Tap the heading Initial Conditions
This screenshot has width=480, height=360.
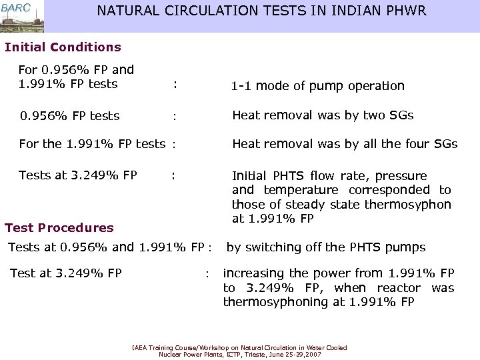pyautogui.click(x=63, y=47)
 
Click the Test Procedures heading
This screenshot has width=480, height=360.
pyautogui.click(x=59, y=228)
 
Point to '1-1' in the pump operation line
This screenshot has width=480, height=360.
pyautogui.click(x=241, y=86)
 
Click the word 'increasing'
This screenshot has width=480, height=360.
pyautogui.click(x=252, y=273)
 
